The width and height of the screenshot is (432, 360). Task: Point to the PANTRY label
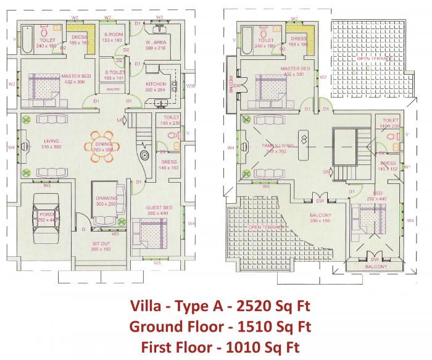(x=113, y=90)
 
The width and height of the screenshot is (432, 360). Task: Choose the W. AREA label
(x=155, y=43)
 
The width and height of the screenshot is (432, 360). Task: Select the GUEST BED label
(x=158, y=208)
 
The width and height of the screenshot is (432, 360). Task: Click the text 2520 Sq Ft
(x=276, y=306)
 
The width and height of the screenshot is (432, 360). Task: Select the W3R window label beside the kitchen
(x=191, y=86)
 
